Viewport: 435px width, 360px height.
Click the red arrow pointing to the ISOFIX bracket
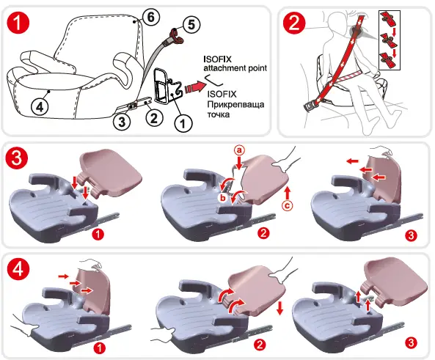tap(193, 87)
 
